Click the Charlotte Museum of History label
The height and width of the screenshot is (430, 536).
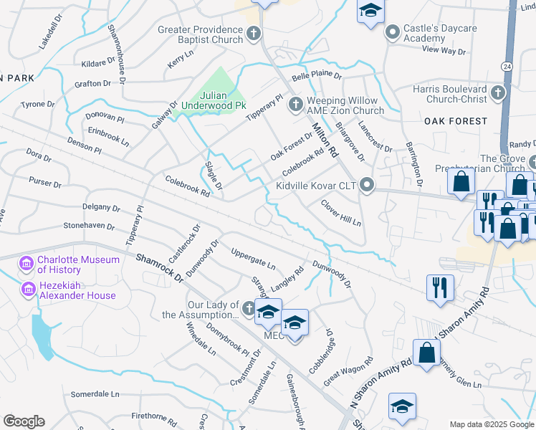pyautogui.click(x=78, y=264)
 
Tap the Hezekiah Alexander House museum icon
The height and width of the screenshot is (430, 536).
pyautogui.click(x=28, y=290)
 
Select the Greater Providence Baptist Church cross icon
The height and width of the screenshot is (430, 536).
pyautogui.click(x=254, y=34)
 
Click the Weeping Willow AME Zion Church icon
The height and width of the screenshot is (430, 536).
pyautogui.click(x=295, y=105)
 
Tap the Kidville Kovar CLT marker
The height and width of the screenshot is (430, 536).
pyautogui.click(x=368, y=186)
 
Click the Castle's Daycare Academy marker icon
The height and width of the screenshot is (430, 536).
pyautogui.click(x=392, y=32)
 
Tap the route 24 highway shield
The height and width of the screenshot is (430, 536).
pyautogui.click(x=507, y=66)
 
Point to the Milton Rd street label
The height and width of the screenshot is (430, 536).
pyautogui.click(x=325, y=139)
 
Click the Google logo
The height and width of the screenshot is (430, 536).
pyautogui.click(x=24, y=421)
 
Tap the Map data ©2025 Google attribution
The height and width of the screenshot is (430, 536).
pyautogui.click(x=491, y=424)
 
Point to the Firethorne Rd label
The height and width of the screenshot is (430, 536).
pyautogui.click(x=153, y=416)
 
